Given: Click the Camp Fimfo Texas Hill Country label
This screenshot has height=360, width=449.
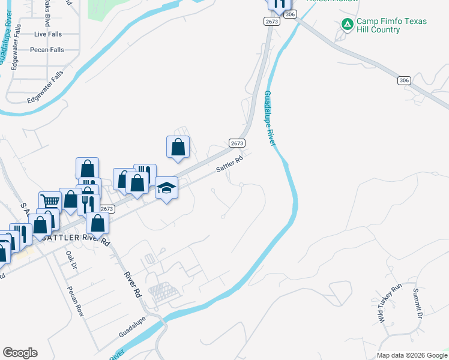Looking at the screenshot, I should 391,25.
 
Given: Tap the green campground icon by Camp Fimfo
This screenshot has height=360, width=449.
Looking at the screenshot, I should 347,25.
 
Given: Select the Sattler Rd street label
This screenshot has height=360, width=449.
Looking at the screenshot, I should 230,163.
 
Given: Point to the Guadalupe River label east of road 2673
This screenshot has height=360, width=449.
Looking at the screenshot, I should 270,118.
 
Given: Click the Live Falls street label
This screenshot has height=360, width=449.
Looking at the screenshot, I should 48,34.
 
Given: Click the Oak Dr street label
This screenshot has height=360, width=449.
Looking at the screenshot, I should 72,260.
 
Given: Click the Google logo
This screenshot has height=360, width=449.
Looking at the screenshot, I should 20,353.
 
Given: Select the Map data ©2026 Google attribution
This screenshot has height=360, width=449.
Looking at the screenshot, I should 411,355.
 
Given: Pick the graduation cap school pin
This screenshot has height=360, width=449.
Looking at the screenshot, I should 167,188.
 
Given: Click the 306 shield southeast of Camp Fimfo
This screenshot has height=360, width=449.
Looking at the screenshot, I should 403,80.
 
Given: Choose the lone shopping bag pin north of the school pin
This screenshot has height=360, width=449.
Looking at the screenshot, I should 178,147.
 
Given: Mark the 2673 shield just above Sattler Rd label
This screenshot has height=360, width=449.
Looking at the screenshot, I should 237,143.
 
